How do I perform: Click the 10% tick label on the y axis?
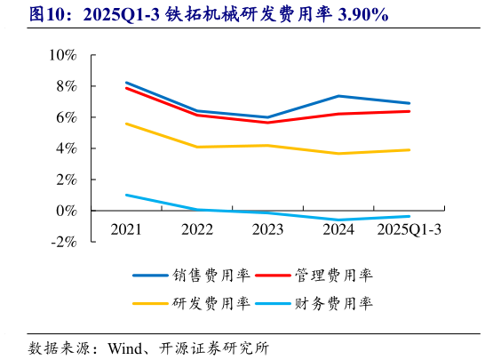[x=62, y=55]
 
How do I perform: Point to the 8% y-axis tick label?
[x=66, y=86]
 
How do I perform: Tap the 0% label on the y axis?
[x=66, y=211]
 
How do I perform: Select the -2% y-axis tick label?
[x=63, y=242]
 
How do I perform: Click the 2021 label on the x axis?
[x=126, y=230]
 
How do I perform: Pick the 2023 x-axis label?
[x=267, y=230]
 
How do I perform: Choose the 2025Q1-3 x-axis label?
[x=409, y=230]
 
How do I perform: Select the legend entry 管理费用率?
[x=335, y=276]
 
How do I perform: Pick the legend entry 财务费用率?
[x=335, y=303]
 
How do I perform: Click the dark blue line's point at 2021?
[x=126, y=82]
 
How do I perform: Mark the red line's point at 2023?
[x=267, y=122]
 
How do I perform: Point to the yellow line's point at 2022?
[x=197, y=147]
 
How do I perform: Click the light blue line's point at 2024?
[x=338, y=220]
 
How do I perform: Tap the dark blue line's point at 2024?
[x=338, y=96]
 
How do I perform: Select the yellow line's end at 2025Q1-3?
[x=409, y=149]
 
